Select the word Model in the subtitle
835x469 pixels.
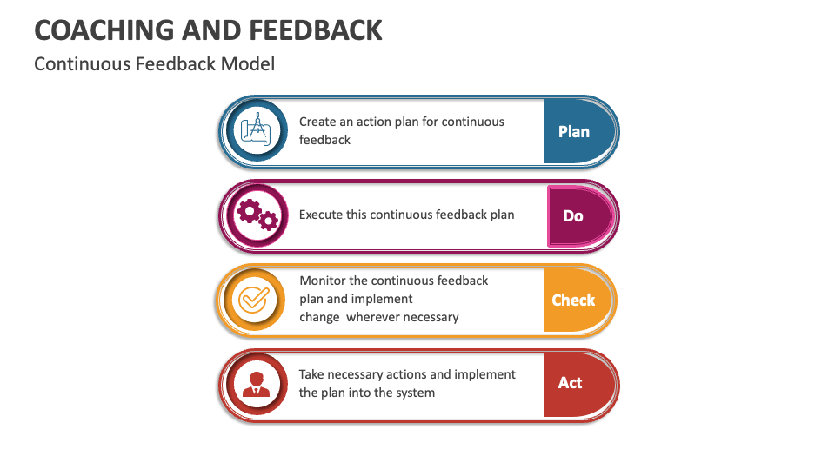tap(247, 64)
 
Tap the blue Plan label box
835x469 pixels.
tap(574, 132)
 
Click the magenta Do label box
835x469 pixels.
tap(573, 215)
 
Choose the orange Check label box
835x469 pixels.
tap(573, 300)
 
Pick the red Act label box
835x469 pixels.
tap(571, 383)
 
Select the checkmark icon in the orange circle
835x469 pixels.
tap(255, 300)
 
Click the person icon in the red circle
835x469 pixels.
tap(256, 383)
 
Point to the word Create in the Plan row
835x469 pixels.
tap(318, 122)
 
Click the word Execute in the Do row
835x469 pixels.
tap(321, 215)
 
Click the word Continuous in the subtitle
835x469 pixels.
tap(83, 64)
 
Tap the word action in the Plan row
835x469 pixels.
tap(375, 122)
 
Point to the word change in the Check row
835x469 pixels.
tap(319, 317)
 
